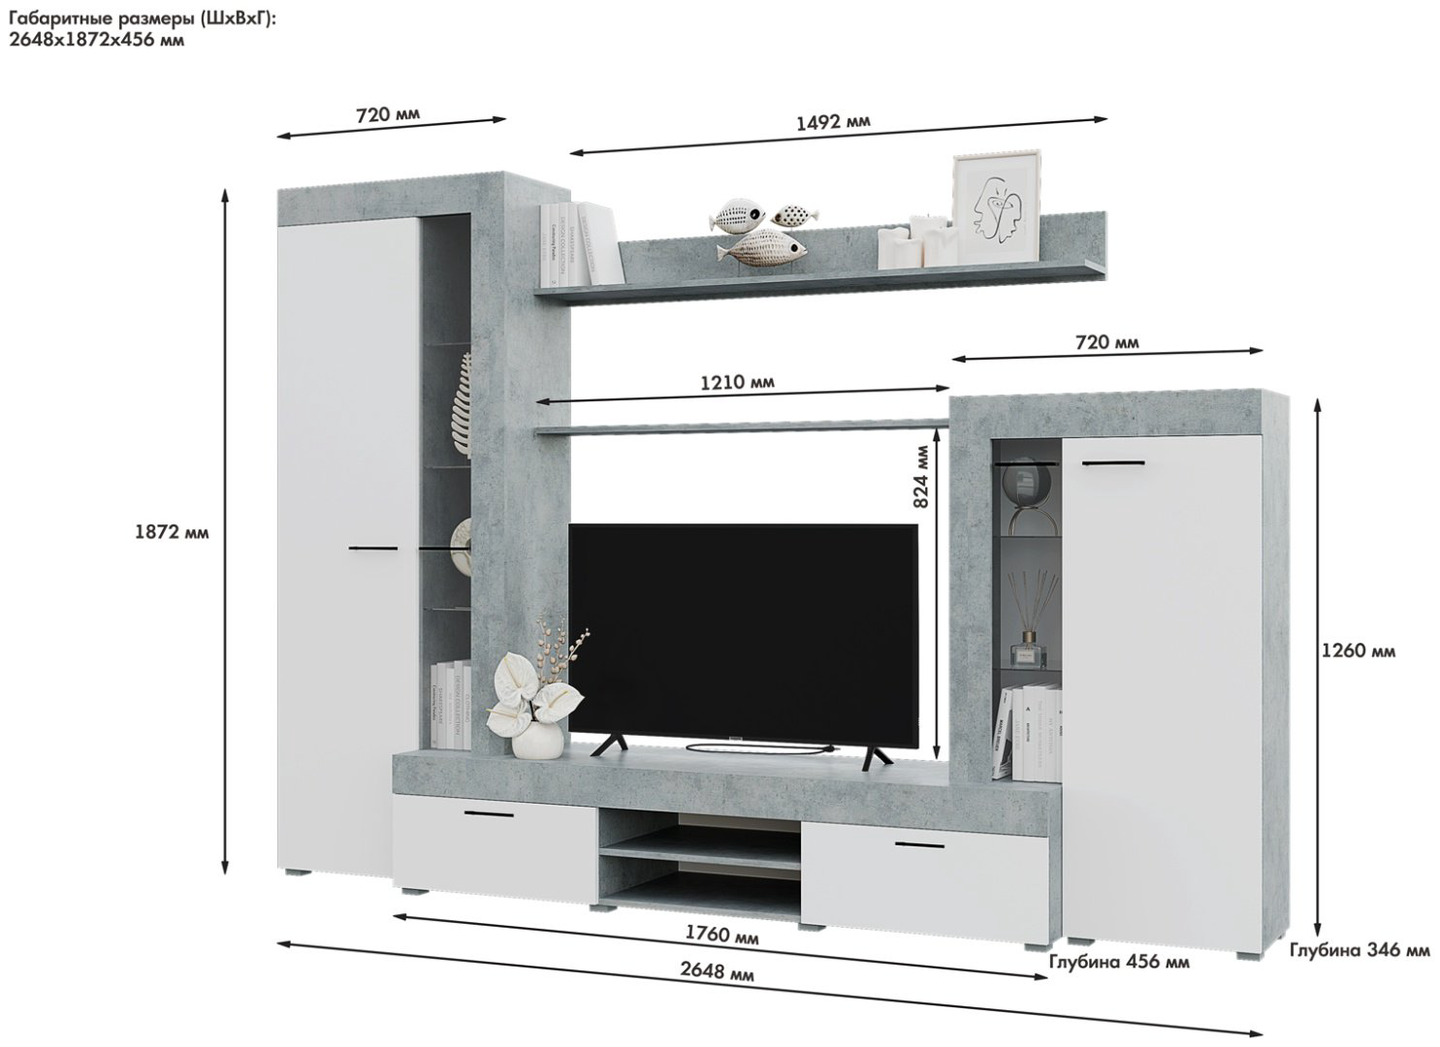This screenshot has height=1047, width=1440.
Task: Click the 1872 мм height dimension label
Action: tap(172, 533)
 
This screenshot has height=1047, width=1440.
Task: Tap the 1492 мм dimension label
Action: tap(833, 122)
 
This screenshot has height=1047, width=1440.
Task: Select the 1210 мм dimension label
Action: tap(737, 383)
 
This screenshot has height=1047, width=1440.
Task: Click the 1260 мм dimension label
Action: tap(1359, 651)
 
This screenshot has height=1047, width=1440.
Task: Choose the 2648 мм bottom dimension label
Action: tap(717, 971)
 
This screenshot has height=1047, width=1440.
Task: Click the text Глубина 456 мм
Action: tap(1119, 962)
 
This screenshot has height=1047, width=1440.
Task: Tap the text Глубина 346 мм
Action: tap(1360, 951)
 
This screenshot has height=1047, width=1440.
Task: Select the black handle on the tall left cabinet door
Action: tap(373, 549)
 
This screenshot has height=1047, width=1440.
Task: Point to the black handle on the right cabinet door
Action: tap(1113, 462)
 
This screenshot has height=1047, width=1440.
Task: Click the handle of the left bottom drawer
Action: tap(490, 814)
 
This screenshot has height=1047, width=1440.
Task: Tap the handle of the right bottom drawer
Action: tap(920, 844)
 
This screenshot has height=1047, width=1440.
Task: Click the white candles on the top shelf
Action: tap(916, 241)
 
